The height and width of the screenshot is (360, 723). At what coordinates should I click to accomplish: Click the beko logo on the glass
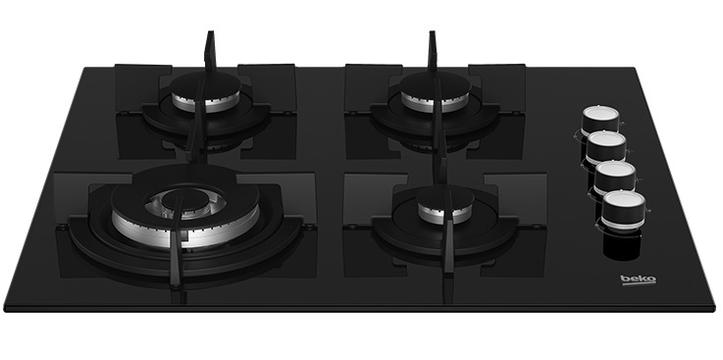[638, 280]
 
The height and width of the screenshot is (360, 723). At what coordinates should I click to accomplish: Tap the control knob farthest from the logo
[600, 120]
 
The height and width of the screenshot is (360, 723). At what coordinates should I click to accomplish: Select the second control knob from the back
[606, 146]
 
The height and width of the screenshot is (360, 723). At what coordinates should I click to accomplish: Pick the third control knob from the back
[615, 177]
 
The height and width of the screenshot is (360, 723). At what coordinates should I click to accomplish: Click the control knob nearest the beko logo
[623, 209]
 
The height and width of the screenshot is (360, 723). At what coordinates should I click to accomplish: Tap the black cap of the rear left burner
[205, 84]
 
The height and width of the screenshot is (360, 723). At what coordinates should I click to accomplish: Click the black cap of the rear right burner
[435, 84]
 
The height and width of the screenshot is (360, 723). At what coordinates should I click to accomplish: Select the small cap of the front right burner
[445, 197]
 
